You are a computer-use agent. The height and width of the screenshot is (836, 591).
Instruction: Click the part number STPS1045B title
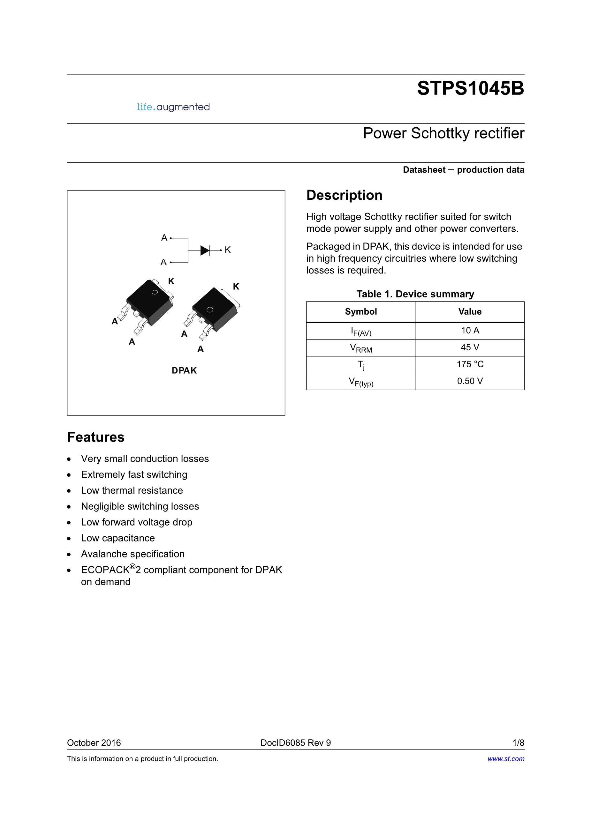click(x=470, y=88)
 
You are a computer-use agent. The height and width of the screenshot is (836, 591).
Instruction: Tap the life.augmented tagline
click(x=173, y=107)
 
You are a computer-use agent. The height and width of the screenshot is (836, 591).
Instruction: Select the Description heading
click(x=344, y=195)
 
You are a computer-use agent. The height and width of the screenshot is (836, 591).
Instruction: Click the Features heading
click(x=96, y=437)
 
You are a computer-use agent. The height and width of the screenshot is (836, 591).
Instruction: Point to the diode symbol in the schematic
click(x=205, y=250)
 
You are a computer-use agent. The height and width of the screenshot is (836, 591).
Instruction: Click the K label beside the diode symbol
click(x=228, y=250)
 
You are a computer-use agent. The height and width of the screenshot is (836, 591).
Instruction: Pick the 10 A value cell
click(x=470, y=331)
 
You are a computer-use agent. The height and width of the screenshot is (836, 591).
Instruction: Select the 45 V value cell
click(x=470, y=347)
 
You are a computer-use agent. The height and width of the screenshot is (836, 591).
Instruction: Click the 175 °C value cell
click(x=470, y=364)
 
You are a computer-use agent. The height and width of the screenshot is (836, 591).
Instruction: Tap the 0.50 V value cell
click(x=470, y=381)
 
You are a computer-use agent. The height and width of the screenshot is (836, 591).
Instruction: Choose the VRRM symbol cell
click(x=361, y=348)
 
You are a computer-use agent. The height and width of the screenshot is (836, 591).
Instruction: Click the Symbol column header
click(x=361, y=312)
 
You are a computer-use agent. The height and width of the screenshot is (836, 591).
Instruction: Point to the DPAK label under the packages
click(x=184, y=370)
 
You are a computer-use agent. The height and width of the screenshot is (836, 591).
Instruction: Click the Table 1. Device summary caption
click(x=415, y=294)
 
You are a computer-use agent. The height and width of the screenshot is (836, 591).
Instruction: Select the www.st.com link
click(x=506, y=759)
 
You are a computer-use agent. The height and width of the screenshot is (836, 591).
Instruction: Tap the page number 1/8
click(x=518, y=743)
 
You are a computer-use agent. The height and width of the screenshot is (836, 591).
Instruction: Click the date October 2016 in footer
click(x=94, y=743)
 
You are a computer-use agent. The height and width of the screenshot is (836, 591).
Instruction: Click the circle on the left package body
click(x=155, y=292)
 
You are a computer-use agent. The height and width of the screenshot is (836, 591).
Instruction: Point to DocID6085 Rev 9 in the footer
click(x=296, y=743)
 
